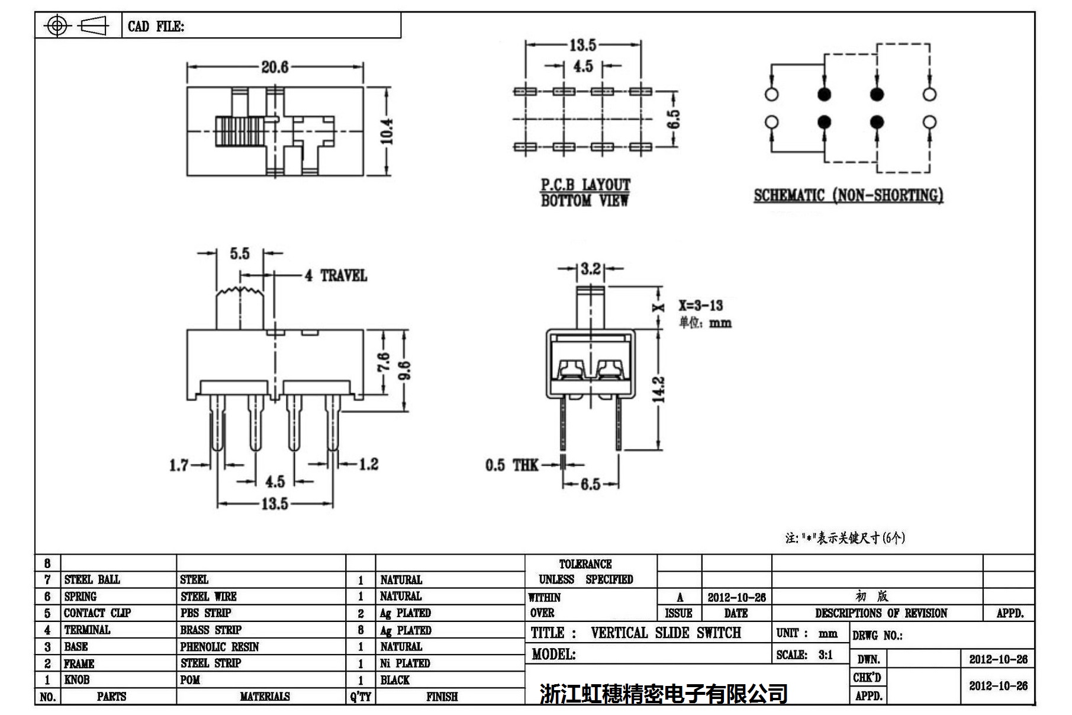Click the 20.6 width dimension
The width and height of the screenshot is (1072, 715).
pyautogui.click(x=275, y=67)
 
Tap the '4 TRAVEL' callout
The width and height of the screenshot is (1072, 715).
pyautogui.click(x=336, y=275)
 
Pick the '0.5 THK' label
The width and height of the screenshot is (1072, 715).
pyautogui.click(x=511, y=465)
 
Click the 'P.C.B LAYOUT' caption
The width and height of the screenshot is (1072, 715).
pyautogui.click(x=585, y=185)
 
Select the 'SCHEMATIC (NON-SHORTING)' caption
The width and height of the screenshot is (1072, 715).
pyautogui.click(x=848, y=195)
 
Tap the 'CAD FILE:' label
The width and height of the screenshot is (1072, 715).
pyautogui.click(x=156, y=26)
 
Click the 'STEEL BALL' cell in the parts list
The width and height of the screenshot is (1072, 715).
pyautogui.click(x=92, y=579)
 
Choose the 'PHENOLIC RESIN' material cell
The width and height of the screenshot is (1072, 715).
pyautogui.click(x=220, y=647)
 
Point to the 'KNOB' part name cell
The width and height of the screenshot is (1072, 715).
pyautogui.click(x=77, y=680)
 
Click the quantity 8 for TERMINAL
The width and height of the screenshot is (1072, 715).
pyautogui.click(x=360, y=630)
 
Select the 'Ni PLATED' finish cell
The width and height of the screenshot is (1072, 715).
pyautogui.click(x=405, y=663)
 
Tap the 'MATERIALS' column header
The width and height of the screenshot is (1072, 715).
pyautogui.click(x=265, y=697)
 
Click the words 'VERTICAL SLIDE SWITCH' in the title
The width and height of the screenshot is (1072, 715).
pyautogui.click(x=665, y=633)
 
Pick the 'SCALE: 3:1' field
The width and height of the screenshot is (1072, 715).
pyautogui.click(x=804, y=655)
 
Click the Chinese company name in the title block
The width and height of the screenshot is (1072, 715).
pyautogui.click(x=663, y=693)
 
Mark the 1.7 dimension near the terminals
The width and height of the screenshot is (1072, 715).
pyautogui.click(x=179, y=465)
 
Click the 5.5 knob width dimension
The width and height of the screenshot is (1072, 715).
pyautogui.click(x=240, y=254)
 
